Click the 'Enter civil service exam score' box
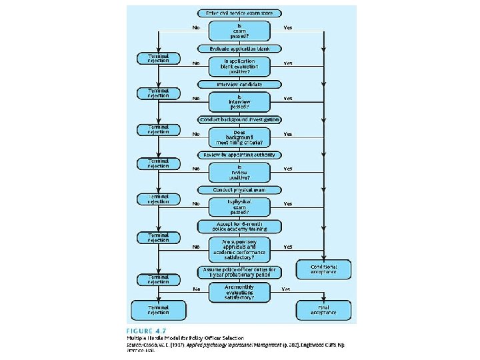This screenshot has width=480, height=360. pyautogui.click(x=240, y=13)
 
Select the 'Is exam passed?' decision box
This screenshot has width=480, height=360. pyautogui.click(x=240, y=31)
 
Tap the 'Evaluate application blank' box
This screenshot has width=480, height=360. pyautogui.click(x=240, y=49)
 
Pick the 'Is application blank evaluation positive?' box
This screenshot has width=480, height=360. pyautogui.click(x=240, y=66)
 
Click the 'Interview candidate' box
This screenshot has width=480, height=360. pyautogui.click(x=240, y=84)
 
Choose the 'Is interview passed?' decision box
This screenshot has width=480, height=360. pyautogui.click(x=240, y=101)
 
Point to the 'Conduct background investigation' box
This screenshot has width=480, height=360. pyautogui.click(x=240, y=119)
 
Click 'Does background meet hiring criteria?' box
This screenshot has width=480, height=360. pyautogui.click(x=240, y=137)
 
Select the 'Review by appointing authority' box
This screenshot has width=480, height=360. pyautogui.click(x=240, y=155)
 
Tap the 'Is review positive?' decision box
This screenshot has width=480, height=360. pyautogui.click(x=240, y=172)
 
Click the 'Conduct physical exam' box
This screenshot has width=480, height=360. pyautogui.click(x=240, y=190)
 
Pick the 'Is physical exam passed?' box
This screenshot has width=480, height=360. pyautogui.click(x=240, y=207)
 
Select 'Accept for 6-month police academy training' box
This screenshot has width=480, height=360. pyautogui.click(x=240, y=226)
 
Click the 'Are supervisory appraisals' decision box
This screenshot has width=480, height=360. pyautogui.click(x=240, y=247)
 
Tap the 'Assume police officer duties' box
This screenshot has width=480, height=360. pyautogui.click(x=240, y=271)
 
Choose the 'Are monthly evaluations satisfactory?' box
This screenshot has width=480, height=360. pyautogui.click(x=240, y=292)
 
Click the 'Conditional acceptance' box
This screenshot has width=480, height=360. pyautogui.click(x=323, y=269)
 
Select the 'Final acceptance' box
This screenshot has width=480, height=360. pyautogui.click(x=323, y=310)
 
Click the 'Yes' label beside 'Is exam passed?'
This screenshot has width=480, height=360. pyautogui.click(x=288, y=28)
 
